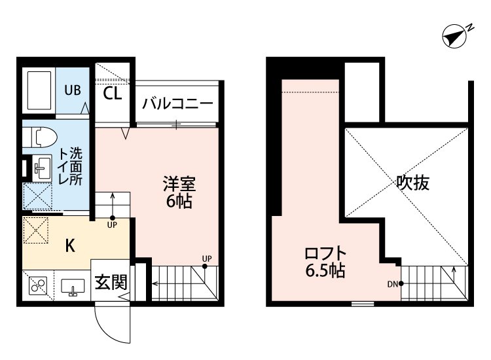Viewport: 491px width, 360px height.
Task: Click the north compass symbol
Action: click(455, 37)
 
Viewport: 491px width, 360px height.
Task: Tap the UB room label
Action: click(73, 91)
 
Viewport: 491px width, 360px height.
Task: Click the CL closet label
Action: click(113, 93)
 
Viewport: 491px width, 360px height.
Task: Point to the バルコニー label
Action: click(177, 104)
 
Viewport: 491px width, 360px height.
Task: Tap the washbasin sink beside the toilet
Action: click(41, 168)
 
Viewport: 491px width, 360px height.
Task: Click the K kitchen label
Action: click(70, 246)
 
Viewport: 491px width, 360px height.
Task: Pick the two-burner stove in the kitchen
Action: click(37, 286)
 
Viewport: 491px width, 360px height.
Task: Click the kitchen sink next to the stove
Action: click(71, 287)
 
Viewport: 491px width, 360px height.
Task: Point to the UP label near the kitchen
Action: click(113, 226)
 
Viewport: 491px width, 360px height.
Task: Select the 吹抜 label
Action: click(412, 183)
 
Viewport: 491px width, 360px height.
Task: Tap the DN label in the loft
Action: click(393, 283)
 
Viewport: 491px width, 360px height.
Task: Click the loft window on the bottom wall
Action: click(362, 304)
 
